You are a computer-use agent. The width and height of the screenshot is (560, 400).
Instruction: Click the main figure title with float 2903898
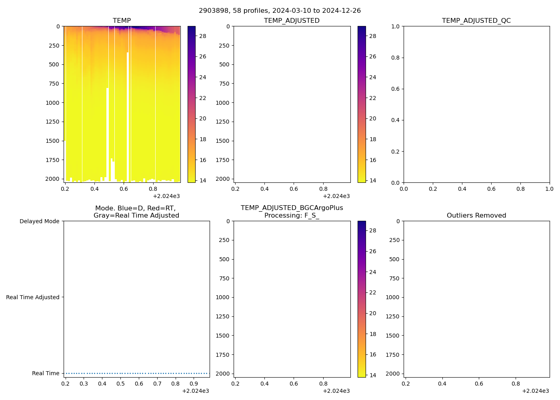pyautogui.click(x=280, y=10)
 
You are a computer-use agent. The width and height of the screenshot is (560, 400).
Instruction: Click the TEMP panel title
pyautogui.click(x=122, y=20)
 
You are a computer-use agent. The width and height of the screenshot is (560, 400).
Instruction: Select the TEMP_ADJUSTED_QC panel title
pyautogui.click(x=476, y=20)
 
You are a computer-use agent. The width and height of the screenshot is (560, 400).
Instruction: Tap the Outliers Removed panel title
pyautogui.click(x=476, y=215)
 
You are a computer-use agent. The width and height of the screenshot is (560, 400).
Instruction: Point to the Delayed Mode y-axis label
pyautogui.click(x=39, y=221)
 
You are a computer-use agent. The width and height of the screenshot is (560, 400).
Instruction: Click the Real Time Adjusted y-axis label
pyautogui.click(x=32, y=297)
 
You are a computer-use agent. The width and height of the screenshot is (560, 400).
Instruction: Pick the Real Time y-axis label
pyautogui.click(x=46, y=373)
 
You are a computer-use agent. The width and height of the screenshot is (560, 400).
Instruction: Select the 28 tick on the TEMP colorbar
pyautogui.click(x=203, y=36)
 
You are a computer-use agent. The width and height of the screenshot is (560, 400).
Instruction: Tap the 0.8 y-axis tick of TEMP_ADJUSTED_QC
pyautogui.click(x=395, y=58)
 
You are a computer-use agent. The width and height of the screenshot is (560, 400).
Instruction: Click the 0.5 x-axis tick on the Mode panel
pyautogui.click(x=120, y=384)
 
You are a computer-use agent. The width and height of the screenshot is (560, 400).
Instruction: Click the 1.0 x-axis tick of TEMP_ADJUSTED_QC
pyautogui.click(x=549, y=189)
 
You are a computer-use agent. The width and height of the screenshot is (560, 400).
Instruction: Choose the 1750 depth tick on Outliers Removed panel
pyautogui.click(x=394, y=355)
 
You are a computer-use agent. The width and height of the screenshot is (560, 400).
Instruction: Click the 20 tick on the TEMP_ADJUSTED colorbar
pyautogui.click(x=372, y=118)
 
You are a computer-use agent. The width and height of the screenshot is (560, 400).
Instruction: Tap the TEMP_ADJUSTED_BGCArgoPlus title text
pyautogui.click(x=292, y=208)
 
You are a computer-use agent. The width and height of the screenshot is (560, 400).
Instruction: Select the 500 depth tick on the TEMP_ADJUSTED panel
pyautogui.click(x=224, y=64)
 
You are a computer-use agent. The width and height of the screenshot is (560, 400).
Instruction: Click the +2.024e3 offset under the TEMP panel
pyautogui.click(x=166, y=196)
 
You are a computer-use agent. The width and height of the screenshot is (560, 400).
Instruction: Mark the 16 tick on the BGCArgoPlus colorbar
pyautogui.click(x=372, y=354)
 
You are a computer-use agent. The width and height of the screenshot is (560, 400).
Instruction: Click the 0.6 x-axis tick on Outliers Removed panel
pyautogui.click(x=479, y=384)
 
